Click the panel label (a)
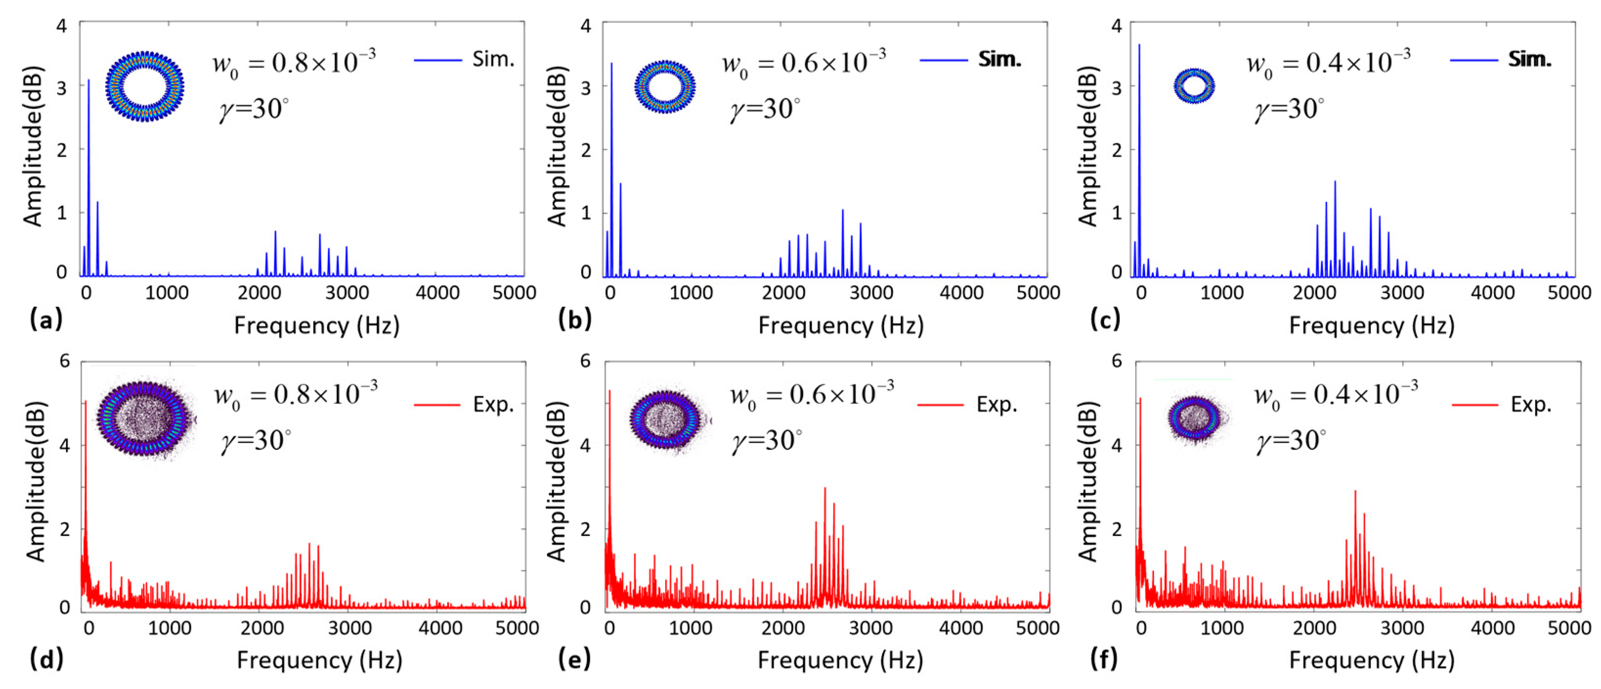click(x=46, y=320)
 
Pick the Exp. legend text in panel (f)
click(x=1531, y=405)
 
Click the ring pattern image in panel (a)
click(x=145, y=87)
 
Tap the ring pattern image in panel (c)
click(x=1194, y=86)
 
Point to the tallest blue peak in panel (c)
click(x=1139, y=46)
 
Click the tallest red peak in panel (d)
click(x=86, y=404)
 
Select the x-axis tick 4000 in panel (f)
click(x=1492, y=628)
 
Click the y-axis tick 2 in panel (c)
click(x=1116, y=150)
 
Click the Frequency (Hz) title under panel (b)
click(x=841, y=325)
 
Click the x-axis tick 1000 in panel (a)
click(x=167, y=292)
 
